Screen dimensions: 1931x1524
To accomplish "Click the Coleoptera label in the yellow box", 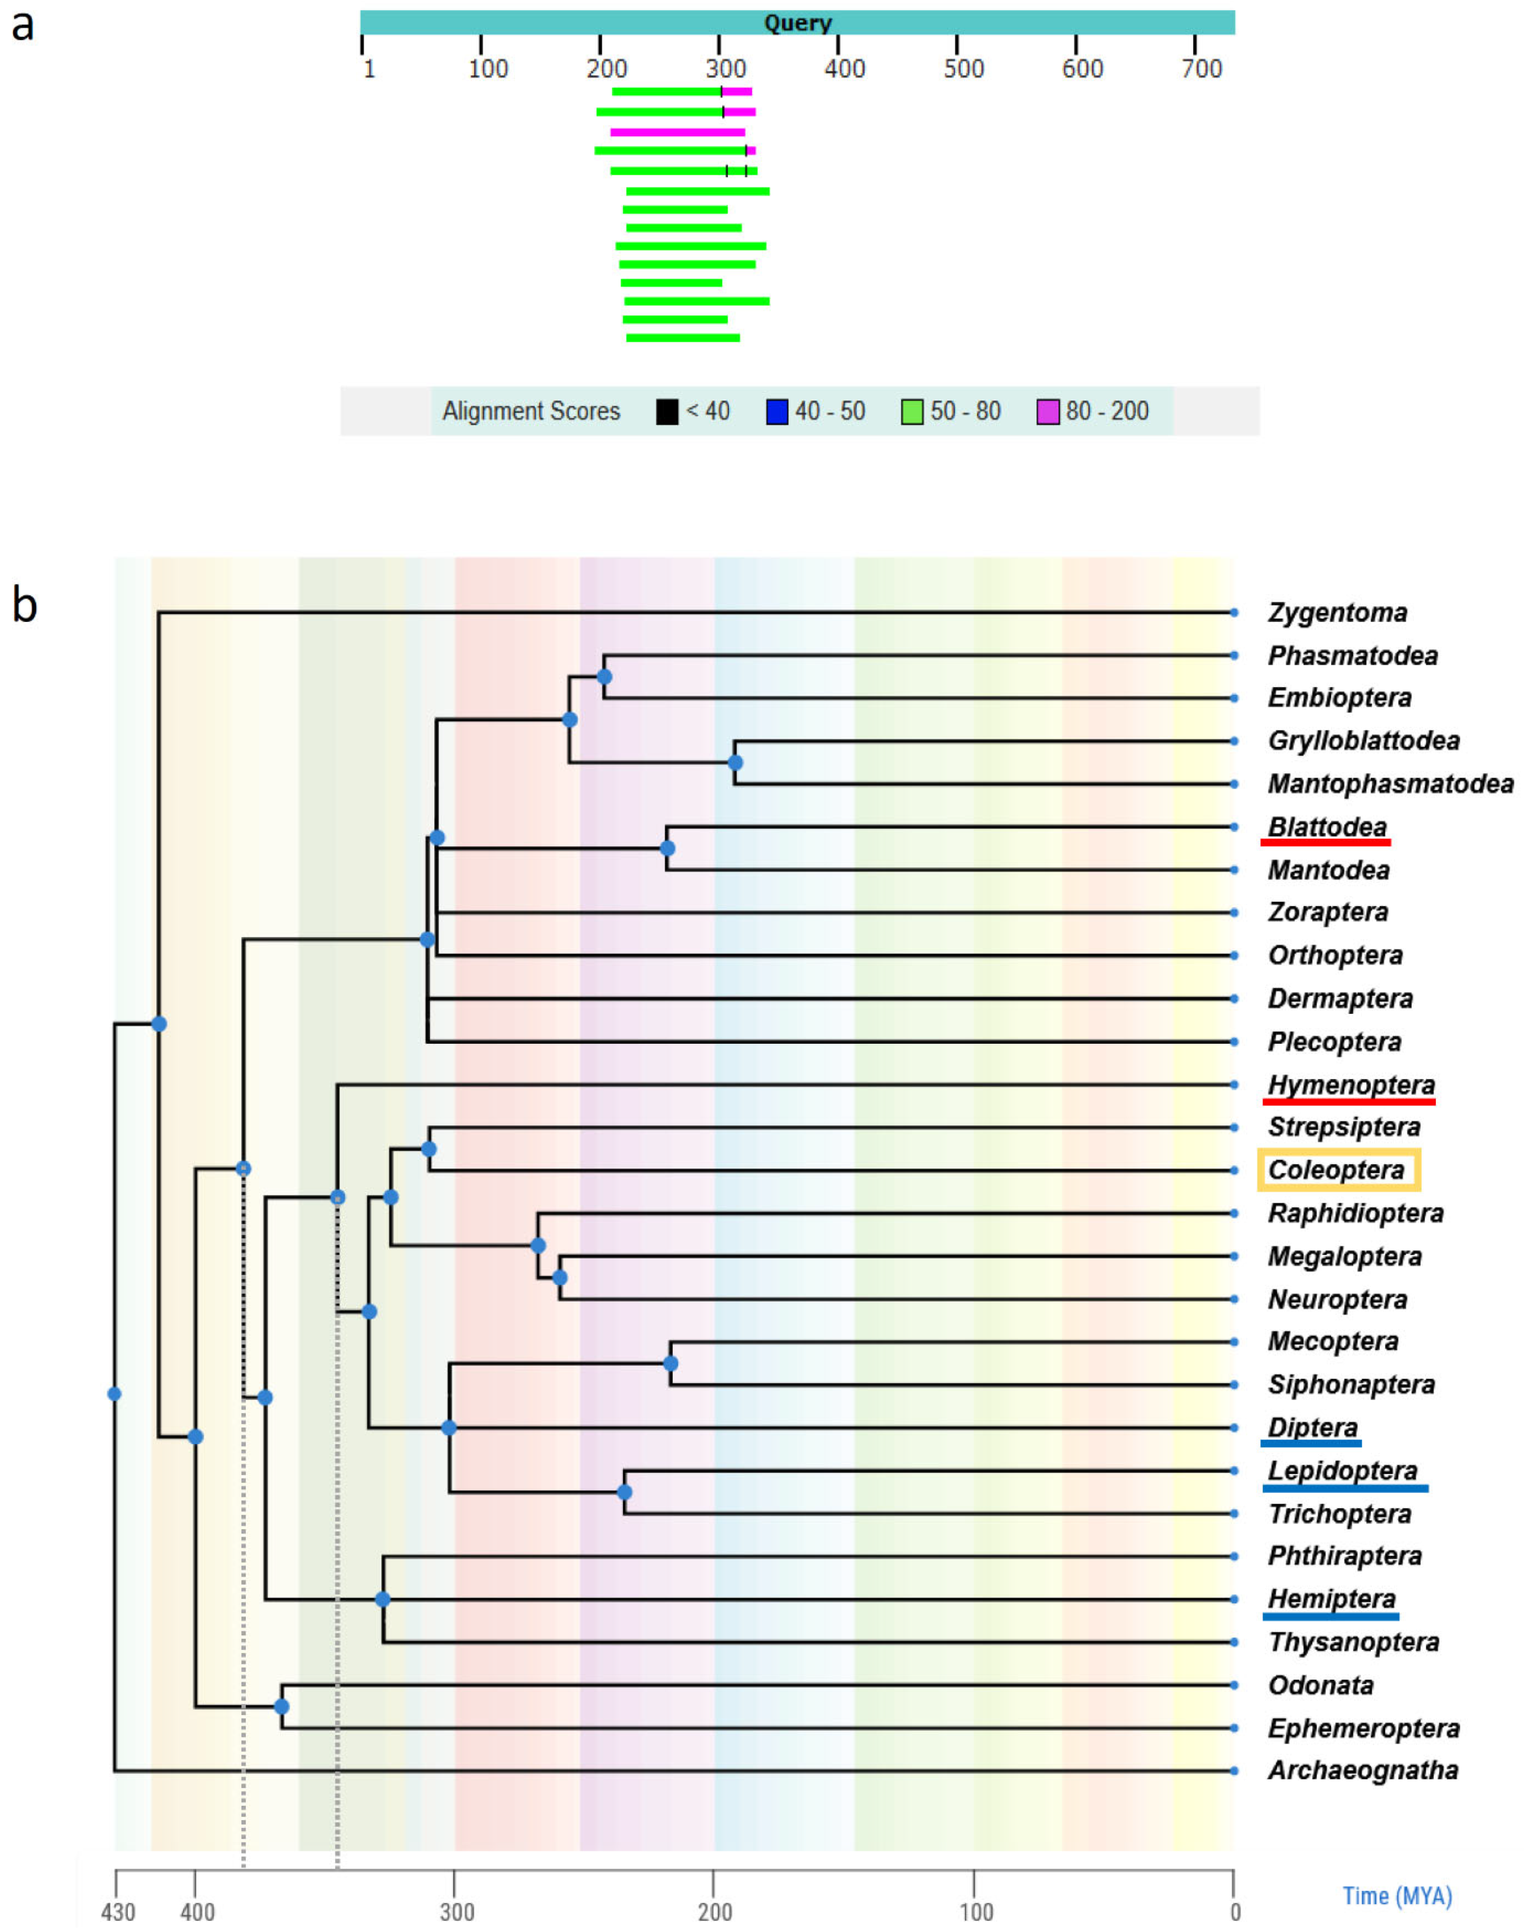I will coord(1336,1170).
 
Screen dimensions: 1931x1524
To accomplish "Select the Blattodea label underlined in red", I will coord(1327,827).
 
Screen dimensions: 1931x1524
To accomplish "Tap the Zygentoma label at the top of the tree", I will coord(1337,612).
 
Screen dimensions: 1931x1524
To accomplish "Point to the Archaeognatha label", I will coord(1363,1770).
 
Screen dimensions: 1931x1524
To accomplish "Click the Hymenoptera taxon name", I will coord(1351,1085).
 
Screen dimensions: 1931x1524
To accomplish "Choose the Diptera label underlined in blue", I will coord(1312,1428).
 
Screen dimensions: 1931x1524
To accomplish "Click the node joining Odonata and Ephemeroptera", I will coord(281,1706).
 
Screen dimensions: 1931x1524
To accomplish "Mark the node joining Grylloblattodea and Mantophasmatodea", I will coord(734,763).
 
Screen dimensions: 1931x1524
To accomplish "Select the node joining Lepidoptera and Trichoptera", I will coord(625,1492).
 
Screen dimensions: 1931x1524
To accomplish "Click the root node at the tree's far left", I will coord(114,1394).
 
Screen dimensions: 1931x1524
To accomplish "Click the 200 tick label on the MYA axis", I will coord(715,1912).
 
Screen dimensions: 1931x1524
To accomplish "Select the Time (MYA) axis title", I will coord(1397,1896).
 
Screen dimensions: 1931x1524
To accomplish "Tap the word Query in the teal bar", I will coord(797,23).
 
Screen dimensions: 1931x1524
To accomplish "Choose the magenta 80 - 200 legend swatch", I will coord(1048,411).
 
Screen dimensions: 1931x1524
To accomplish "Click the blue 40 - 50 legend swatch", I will coord(777,411).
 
